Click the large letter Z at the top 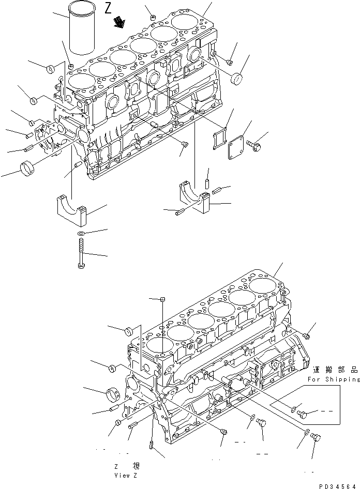coord(108,9)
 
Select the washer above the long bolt coord(81,234)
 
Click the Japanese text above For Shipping coord(335,370)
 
